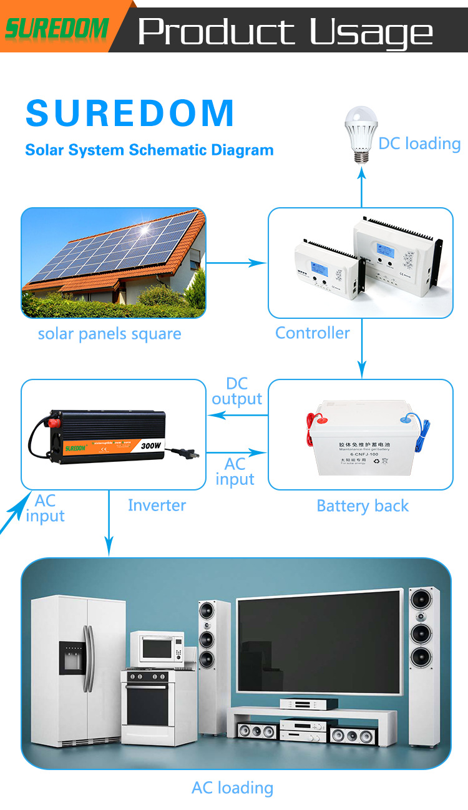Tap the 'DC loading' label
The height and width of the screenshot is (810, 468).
(419, 144)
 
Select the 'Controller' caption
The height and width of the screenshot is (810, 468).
(313, 333)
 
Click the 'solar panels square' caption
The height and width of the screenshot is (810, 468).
(110, 334)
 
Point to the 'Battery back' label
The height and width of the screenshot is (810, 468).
(363, 505)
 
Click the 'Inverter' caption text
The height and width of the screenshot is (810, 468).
(157, 505)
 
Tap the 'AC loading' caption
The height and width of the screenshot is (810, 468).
(232, 788)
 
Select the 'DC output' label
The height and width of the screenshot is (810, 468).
(236, 391)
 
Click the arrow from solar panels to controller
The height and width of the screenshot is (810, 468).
(236, 263)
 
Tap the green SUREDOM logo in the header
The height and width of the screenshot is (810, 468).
(56, 27)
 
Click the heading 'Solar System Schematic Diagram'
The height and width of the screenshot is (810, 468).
(149, 150)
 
